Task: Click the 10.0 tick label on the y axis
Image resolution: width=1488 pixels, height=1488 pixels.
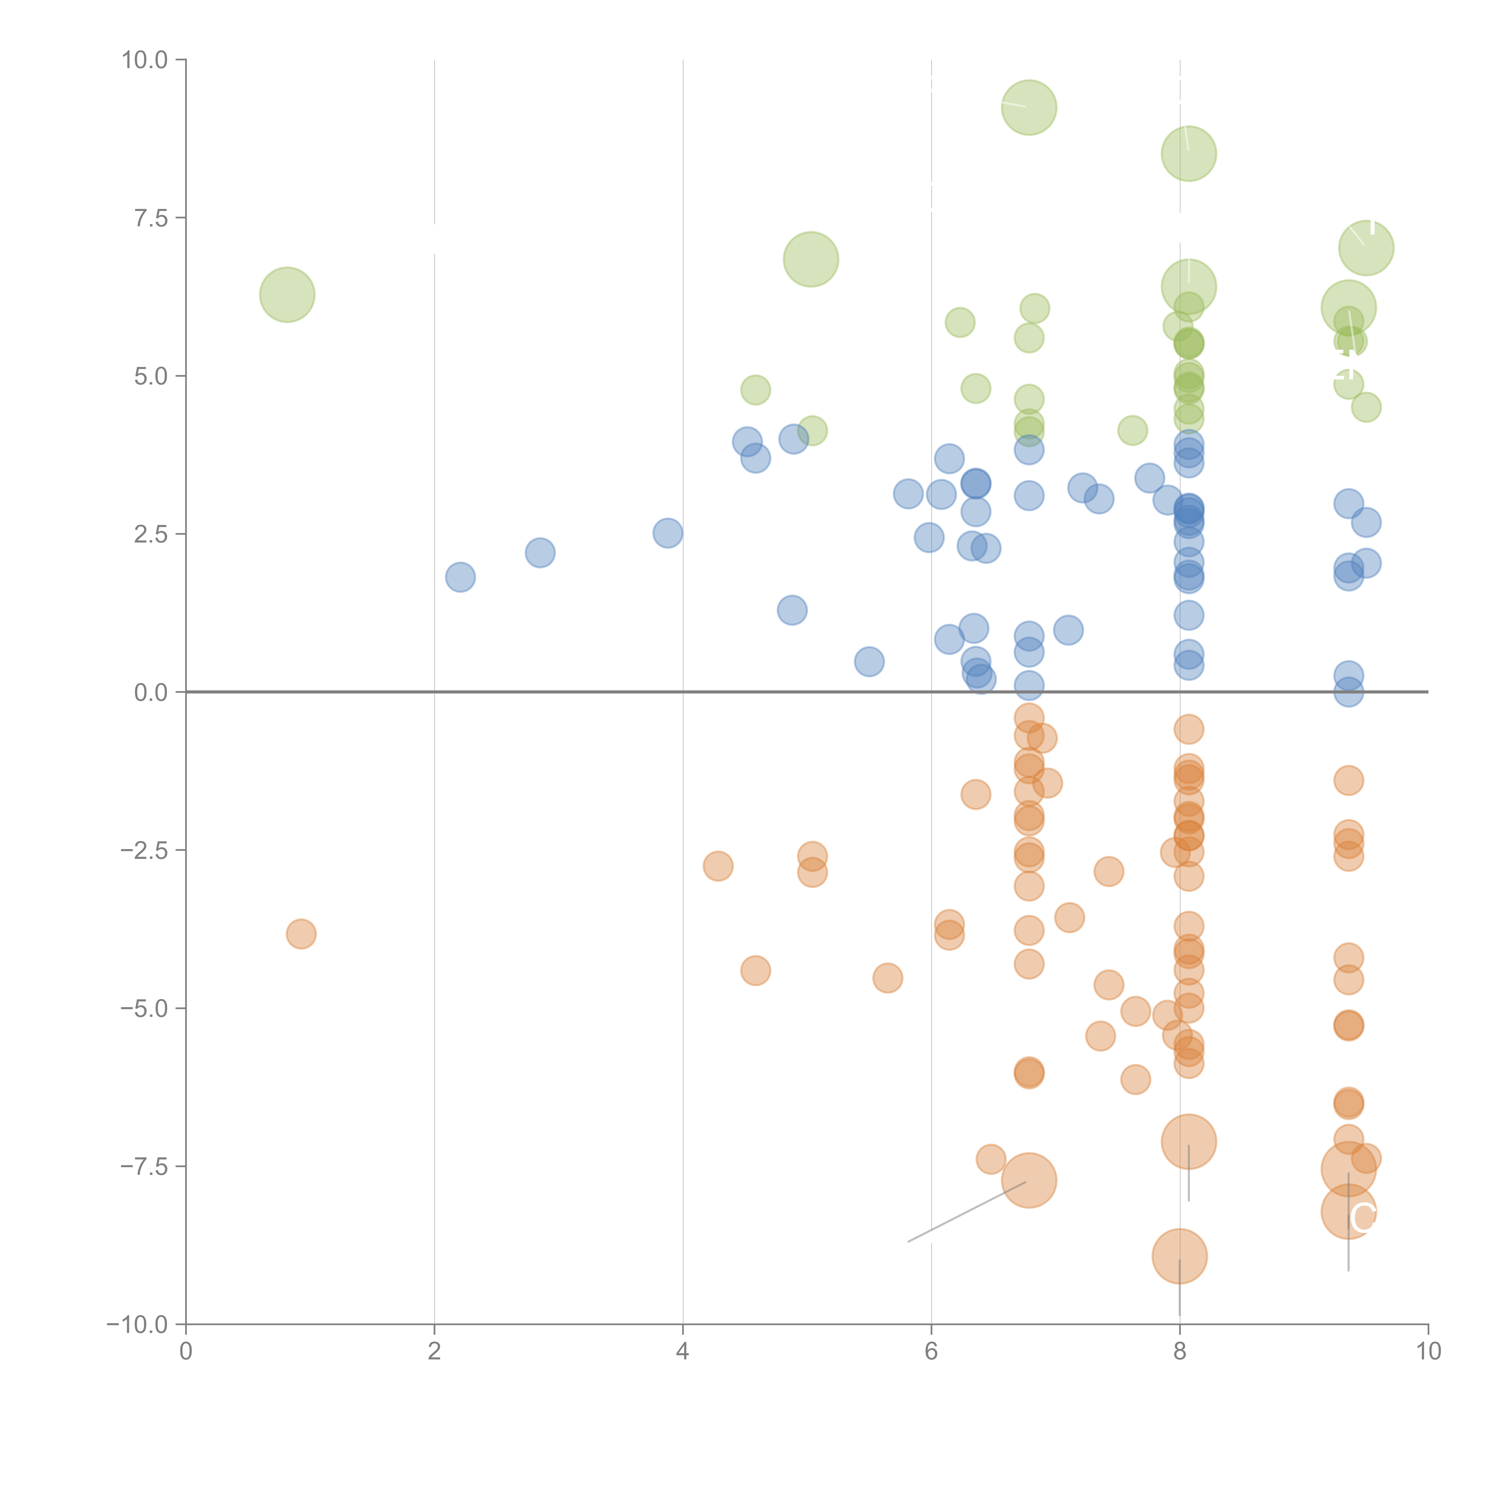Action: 145,60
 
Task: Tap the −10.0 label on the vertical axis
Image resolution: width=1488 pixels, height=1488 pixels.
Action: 139,1325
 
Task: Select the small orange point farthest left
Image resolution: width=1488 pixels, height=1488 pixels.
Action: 301,934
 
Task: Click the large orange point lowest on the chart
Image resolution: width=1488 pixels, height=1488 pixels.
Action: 1179,1256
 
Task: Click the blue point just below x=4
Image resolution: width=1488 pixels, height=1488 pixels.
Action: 668,533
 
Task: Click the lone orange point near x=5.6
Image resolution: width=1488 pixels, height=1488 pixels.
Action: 887,978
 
